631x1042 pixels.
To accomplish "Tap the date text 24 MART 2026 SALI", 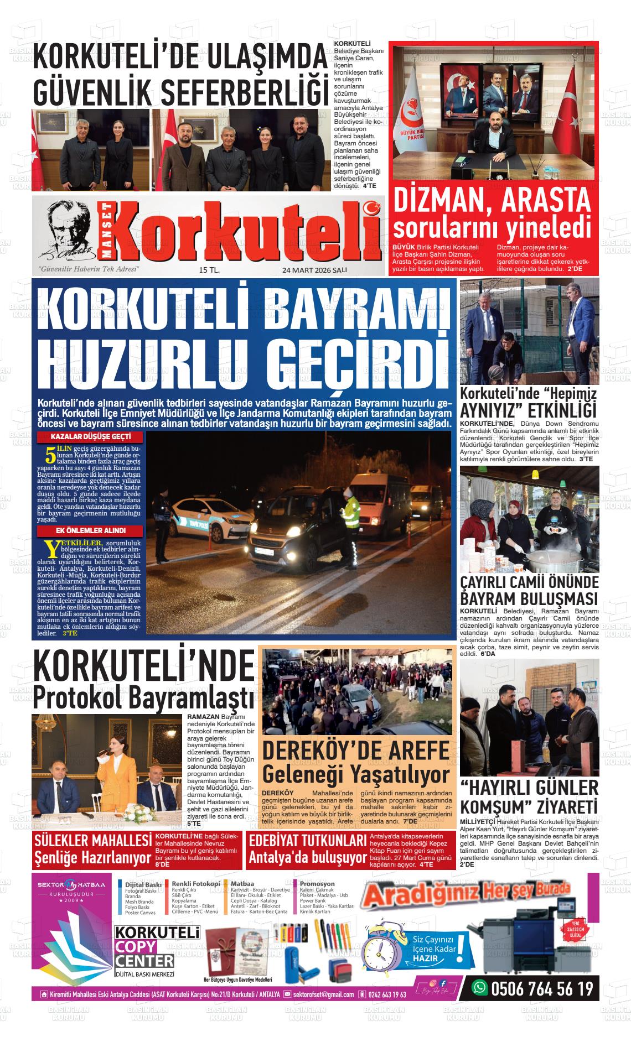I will [x=314, y=270].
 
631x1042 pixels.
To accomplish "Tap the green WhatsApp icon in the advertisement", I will [x=479, y=988].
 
